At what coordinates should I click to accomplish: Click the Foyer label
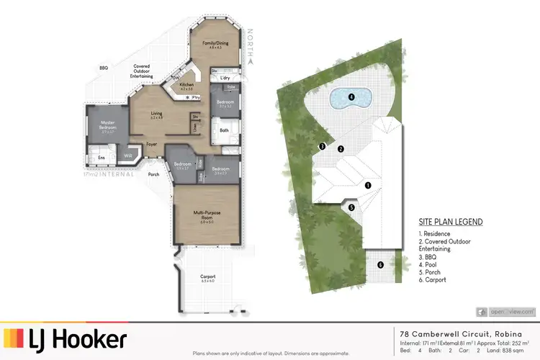click(x=152, y=144)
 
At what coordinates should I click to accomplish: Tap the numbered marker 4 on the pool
click(x=351, y=96)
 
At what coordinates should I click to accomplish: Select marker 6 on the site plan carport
click(x=380, y=265)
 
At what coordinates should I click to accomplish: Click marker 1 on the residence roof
click(x=368, y=185)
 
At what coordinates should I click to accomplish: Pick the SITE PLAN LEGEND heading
click(x=451, y=222)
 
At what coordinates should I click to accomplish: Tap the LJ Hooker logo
click(x=66, y=339)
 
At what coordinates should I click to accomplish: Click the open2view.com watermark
click(x=507, y=311)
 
